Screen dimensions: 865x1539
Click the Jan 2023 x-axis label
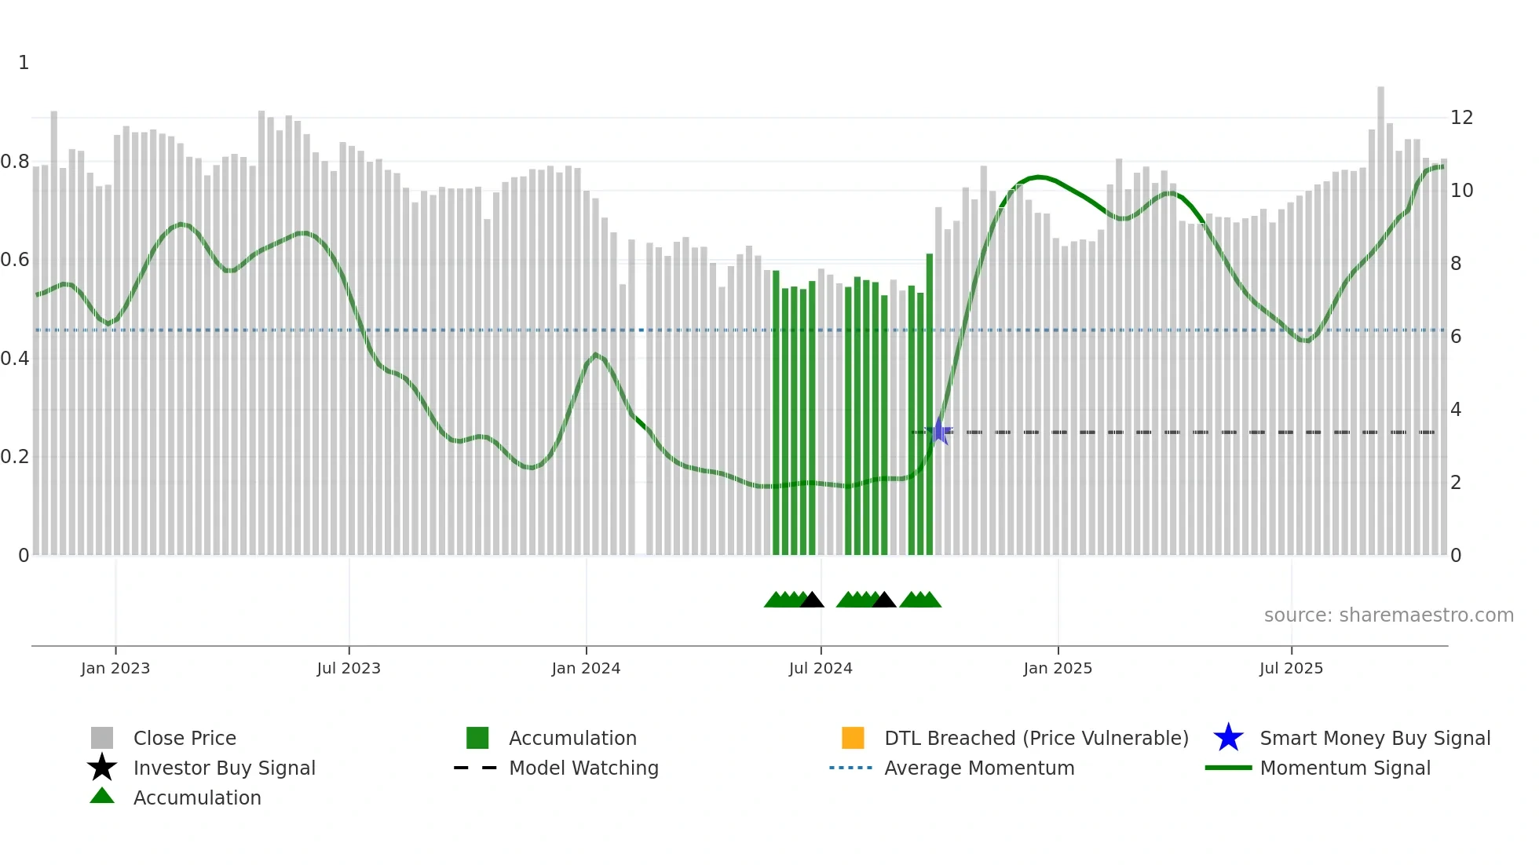[x=115, y=668]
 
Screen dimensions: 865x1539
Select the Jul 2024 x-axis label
[x=821, y=668]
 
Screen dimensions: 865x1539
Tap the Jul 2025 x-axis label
[x=1291, y=668]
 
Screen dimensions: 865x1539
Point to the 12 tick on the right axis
[x=1461, y=118]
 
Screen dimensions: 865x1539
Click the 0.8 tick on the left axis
[x=15, y=162]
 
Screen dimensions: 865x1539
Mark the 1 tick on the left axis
[x=24, y=63]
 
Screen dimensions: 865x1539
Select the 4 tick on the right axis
[x=1456, y=410]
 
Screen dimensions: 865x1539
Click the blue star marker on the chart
[x=939, y=431]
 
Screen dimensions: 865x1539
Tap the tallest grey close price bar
[x=1380, y=314]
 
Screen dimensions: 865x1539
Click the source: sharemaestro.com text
[x=1388, y=615]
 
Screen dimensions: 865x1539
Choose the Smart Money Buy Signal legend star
[x=1228, y=738]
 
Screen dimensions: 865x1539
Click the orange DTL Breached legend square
[x=853, y=738]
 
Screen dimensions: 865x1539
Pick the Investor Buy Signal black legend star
[x=102, y=768]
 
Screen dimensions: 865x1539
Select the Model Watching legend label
[x=583, y=768]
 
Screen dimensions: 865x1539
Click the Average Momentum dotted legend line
[x=850, y=768]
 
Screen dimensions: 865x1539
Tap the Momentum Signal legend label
[x=1345, y=768]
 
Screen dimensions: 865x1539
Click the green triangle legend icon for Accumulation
[x=102, y=797]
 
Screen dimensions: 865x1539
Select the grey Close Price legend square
[x=102, y=738]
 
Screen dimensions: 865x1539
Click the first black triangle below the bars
[x=812, y=600]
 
